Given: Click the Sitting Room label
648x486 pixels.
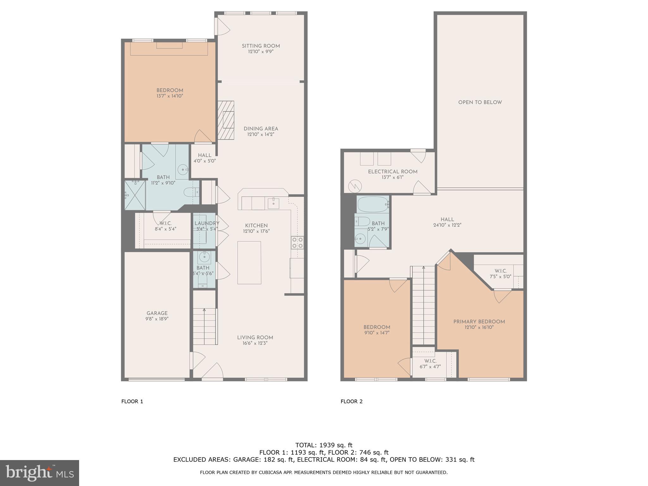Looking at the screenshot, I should point(261,46).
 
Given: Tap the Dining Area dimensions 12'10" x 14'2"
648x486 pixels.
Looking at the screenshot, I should point(261,134).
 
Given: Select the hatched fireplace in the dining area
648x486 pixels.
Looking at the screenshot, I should point(226,120).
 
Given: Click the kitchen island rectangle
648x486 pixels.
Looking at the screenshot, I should point(249,263).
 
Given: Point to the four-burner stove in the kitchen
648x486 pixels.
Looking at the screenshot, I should point(297,242).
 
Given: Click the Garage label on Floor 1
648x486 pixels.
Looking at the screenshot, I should point(157,313).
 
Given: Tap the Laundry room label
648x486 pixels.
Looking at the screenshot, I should point(207,223).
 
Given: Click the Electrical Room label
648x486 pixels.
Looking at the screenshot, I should point(393,172).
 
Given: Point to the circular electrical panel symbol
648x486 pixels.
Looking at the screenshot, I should point(355,186).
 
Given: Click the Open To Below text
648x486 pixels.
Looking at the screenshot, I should point(480,102).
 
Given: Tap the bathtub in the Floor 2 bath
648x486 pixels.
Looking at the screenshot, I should point(373,204).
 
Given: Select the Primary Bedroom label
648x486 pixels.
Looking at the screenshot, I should point(479,322).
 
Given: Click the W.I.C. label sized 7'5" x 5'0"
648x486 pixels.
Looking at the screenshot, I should point(501,271).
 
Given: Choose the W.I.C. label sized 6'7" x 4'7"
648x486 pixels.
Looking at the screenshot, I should point(430,361).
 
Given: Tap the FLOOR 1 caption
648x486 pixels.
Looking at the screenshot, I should point(132,402).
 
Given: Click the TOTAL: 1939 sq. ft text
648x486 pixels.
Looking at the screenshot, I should point(324,445).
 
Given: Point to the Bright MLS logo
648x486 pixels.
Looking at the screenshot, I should point(40,473).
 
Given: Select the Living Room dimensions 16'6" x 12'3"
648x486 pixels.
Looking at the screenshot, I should point(255,343).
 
